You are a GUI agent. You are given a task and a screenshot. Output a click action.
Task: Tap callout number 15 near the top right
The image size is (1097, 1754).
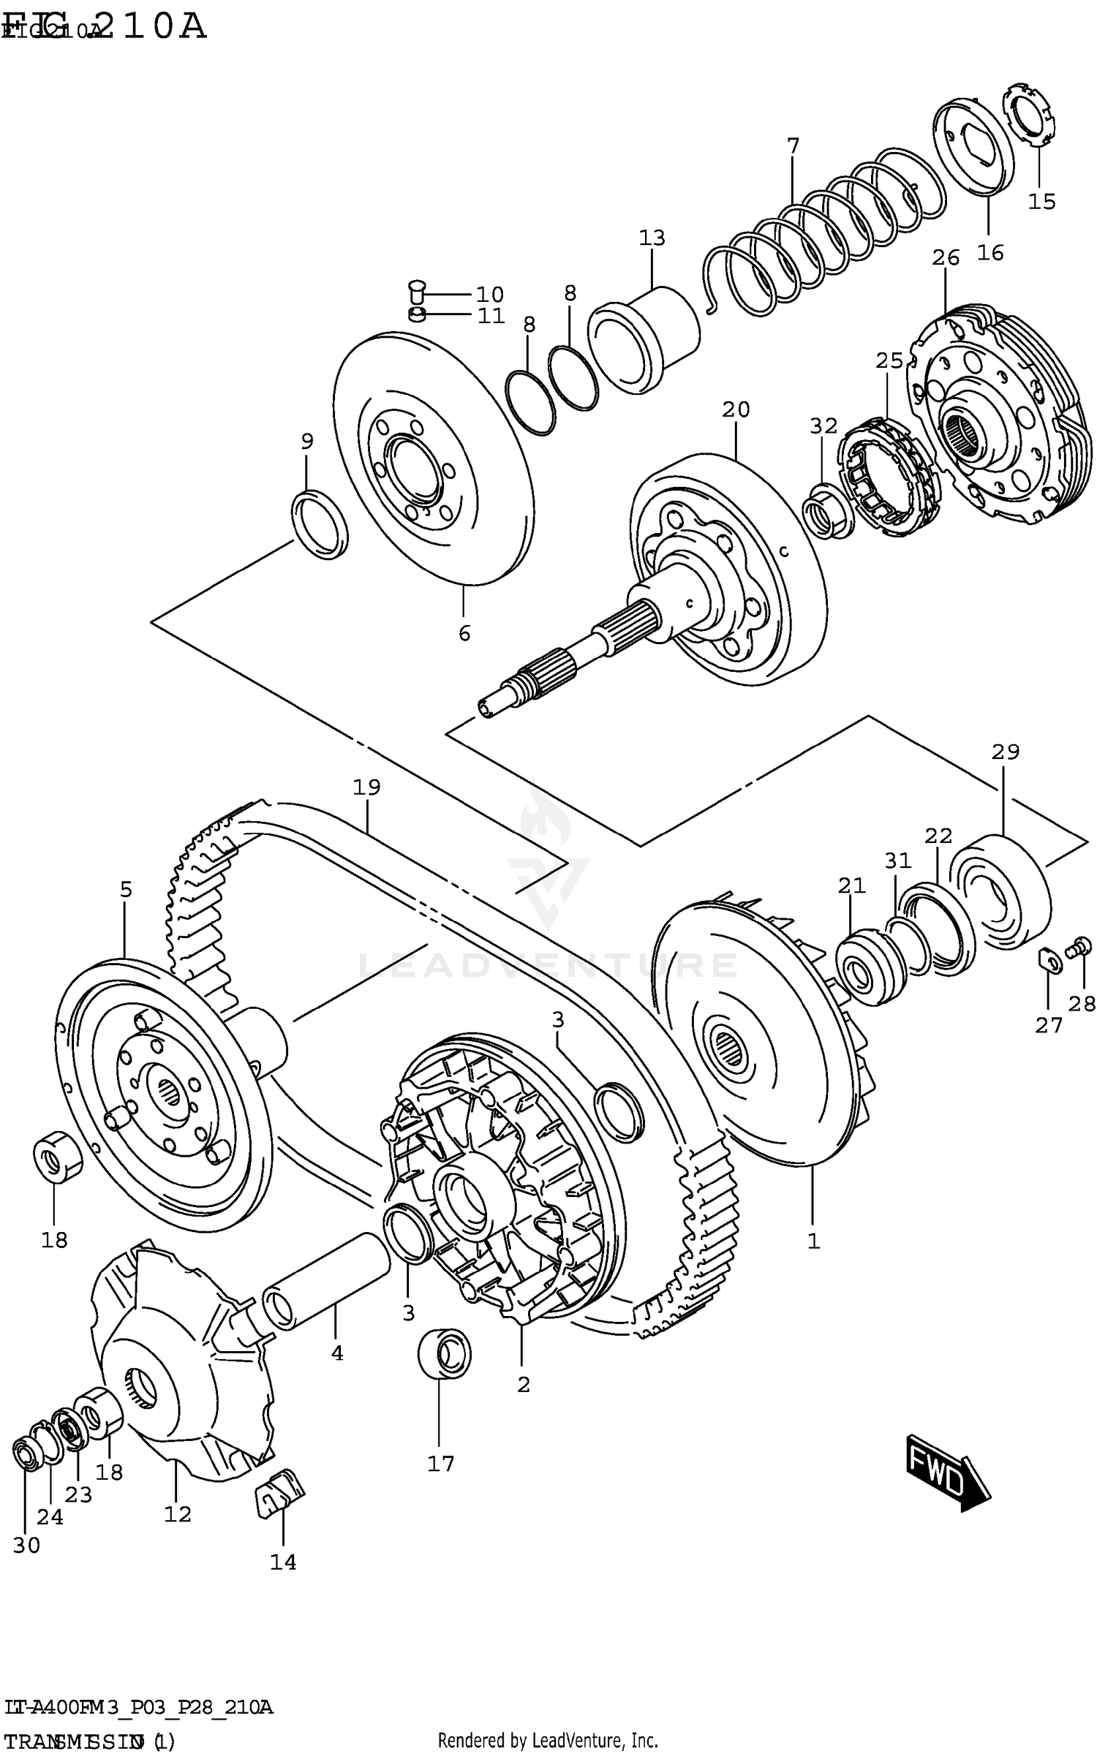point(1041,201)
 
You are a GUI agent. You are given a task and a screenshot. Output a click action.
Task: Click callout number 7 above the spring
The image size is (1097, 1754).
point(793,145)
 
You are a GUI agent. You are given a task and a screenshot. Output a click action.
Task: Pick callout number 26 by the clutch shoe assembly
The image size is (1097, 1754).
point(945,257)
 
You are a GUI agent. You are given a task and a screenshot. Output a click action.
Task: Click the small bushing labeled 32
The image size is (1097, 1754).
point(826,510)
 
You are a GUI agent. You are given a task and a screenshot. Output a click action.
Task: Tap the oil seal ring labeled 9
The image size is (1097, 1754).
point(320,524)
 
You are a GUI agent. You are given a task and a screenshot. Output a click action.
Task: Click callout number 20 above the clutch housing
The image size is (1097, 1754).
point(736,409)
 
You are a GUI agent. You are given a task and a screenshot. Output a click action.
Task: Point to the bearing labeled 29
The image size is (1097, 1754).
point(1000,891)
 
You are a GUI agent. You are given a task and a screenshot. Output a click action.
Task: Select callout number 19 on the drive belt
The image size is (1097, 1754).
point(366,787)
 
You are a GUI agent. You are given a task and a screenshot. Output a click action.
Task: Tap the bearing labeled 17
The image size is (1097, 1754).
point(444,1352)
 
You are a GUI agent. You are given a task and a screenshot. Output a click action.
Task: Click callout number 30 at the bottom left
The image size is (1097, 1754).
point(26,1546)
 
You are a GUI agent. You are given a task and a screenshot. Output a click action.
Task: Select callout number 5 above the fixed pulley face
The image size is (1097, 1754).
point(126,890)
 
